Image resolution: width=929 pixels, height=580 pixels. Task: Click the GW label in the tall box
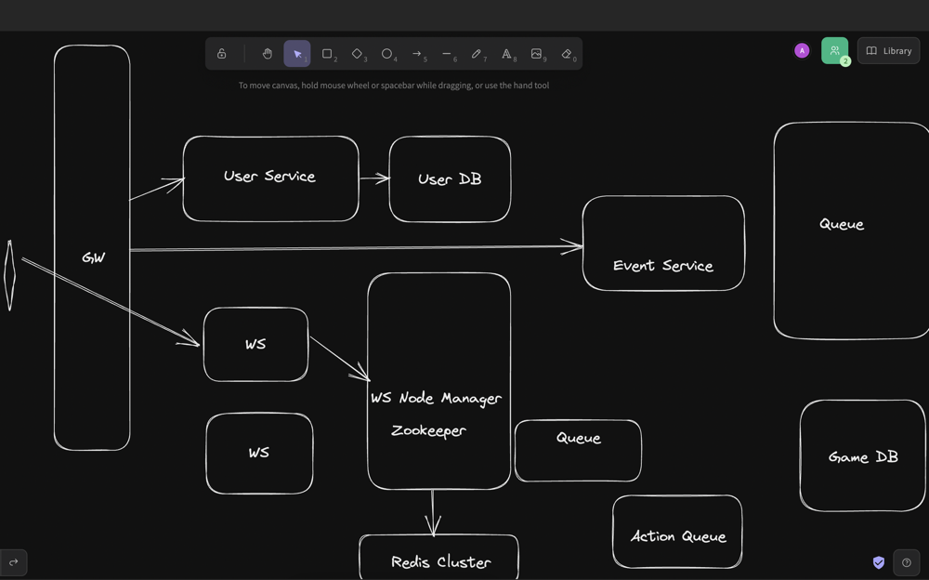coord(94,258)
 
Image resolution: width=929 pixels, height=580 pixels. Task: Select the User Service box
coord(270,178)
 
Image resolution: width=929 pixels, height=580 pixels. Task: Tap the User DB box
coord(450,179)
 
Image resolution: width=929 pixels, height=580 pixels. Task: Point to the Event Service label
coord(663,266)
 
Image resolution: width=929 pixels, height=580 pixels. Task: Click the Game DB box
coord(863,455)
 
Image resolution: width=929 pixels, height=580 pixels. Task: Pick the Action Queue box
coord(677,532)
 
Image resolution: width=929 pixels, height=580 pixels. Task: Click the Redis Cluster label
coord(440,561)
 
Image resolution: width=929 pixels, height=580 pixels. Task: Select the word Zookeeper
coord(428,430)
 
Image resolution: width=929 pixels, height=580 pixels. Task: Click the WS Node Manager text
coord(436,399)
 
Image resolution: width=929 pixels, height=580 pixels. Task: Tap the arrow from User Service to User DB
coord(374,178)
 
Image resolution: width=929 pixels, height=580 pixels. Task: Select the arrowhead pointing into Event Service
coord(572,246)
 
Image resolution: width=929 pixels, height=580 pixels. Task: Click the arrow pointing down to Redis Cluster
coord(433,513)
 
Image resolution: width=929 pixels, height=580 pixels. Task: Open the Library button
coord(888,51)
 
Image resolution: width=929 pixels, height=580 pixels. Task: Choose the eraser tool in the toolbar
coord(567,54)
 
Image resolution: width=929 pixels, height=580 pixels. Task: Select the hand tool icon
coord(268,54)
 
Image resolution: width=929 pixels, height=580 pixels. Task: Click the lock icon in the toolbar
coord(222,54)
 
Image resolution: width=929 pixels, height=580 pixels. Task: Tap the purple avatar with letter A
coord(802,51)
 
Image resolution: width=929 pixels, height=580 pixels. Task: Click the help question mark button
coord(907,562)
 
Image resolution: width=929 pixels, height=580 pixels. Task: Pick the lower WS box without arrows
coord(259,453)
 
